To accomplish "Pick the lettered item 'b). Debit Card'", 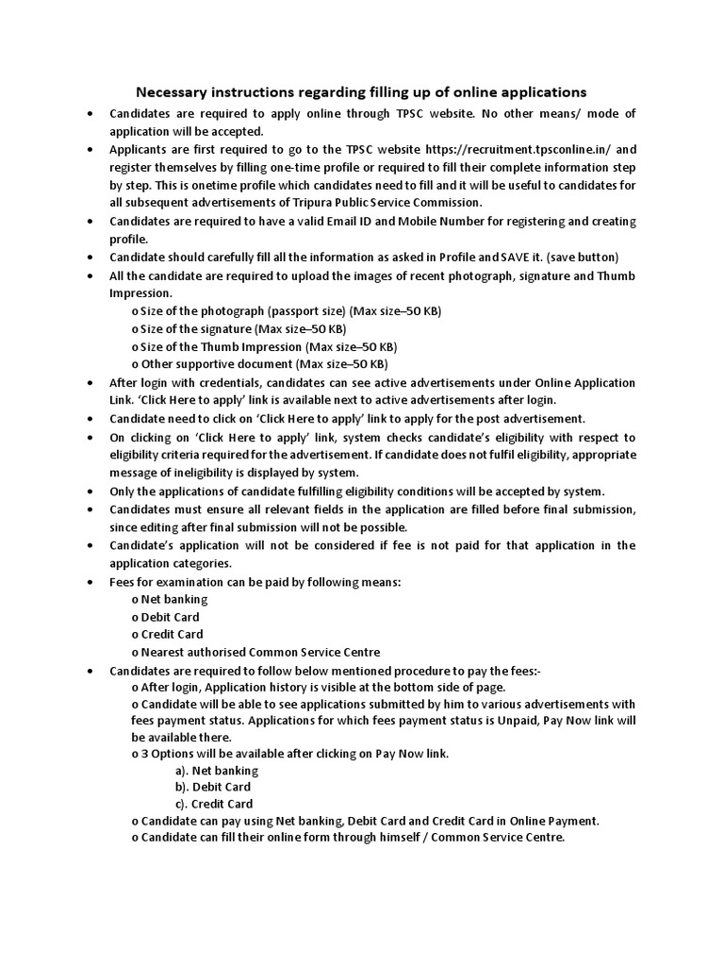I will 212,787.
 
